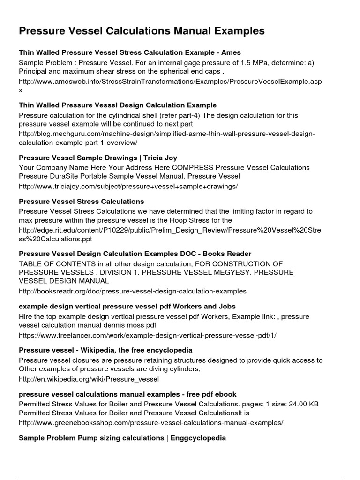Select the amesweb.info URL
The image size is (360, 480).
coord(170,82)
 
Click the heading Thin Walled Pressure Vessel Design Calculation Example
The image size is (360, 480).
coord(117,105)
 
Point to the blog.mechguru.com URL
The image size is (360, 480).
coord(166,134)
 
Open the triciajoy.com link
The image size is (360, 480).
coord(128,187)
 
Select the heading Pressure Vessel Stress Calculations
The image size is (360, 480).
coord(81,201)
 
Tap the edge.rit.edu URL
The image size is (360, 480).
coord(170,230)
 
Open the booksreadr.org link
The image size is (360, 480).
coord(132,292)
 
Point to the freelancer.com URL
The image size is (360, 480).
coord(151,336)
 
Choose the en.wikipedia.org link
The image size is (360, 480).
coord(89,379)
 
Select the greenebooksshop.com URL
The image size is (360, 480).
coord(151,423)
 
